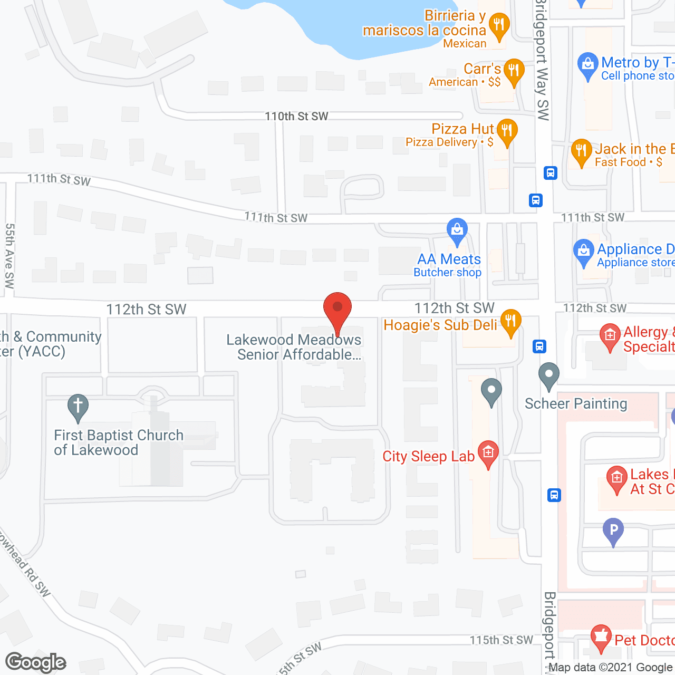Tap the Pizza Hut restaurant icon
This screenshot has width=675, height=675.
coord(507,131)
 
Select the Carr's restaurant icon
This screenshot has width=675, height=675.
coord(514,71)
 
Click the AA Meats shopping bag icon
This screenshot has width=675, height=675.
coord(457,230)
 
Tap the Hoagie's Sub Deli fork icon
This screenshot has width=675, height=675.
coord(510,321)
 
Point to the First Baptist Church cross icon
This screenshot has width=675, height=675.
coord(78,407)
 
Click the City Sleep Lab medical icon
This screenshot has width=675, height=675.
coord(488,453)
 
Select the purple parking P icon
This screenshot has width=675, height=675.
coord(613,530)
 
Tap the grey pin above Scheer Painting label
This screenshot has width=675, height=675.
coord(548,375)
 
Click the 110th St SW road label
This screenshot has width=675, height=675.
coord(296,116)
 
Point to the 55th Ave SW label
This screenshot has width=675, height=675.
coord(9,256)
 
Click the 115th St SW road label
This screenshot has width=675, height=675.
coord(501,640)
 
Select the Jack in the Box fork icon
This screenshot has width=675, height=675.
coord(581,152)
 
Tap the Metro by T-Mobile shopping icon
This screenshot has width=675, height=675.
coord(587,65)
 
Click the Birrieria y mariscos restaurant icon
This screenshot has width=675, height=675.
coord(498,25)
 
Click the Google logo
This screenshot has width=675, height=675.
coord(35,662)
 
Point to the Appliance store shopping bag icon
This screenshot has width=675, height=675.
coord(583,252)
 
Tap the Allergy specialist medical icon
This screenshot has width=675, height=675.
coord(610,336)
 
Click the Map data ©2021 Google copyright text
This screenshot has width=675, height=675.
coord(611,668)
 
